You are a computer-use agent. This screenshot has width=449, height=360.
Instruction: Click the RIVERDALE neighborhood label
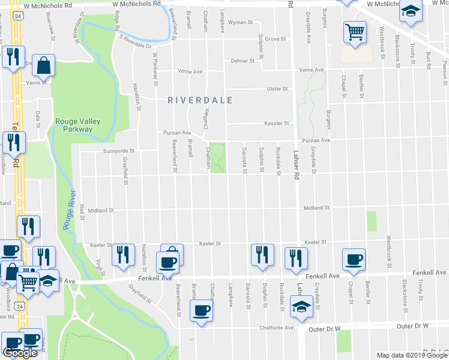pos(199,100)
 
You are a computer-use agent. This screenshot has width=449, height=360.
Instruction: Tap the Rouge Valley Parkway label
pos(77,124)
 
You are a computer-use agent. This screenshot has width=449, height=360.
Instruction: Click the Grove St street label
pos(276,39)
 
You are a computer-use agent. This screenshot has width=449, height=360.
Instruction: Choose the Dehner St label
pos(243,61)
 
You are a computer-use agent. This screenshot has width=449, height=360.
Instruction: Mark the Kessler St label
pos(277,124)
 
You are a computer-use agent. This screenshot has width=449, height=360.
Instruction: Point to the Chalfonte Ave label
pos(277,328)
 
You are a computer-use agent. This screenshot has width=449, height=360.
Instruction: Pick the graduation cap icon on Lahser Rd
pos(300,307)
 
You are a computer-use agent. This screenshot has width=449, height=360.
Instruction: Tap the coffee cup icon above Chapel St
pos(354,259)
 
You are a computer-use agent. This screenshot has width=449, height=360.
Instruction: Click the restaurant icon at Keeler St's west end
pos(122,254)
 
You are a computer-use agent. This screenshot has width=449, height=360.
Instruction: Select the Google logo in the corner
pos(20,353)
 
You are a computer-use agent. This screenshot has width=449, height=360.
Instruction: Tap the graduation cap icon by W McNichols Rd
pos(411,12)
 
